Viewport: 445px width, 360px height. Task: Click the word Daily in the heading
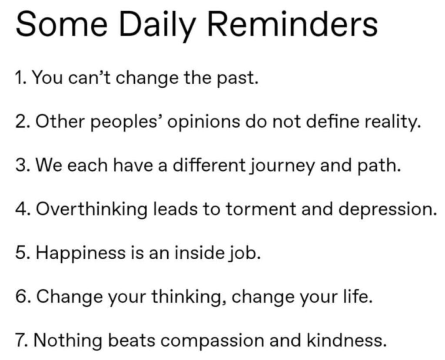157,26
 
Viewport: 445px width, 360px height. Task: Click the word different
209,165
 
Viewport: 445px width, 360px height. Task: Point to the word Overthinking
92,210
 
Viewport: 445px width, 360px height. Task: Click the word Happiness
80,253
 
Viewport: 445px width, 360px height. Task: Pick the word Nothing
68,341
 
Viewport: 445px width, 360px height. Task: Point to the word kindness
346,340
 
